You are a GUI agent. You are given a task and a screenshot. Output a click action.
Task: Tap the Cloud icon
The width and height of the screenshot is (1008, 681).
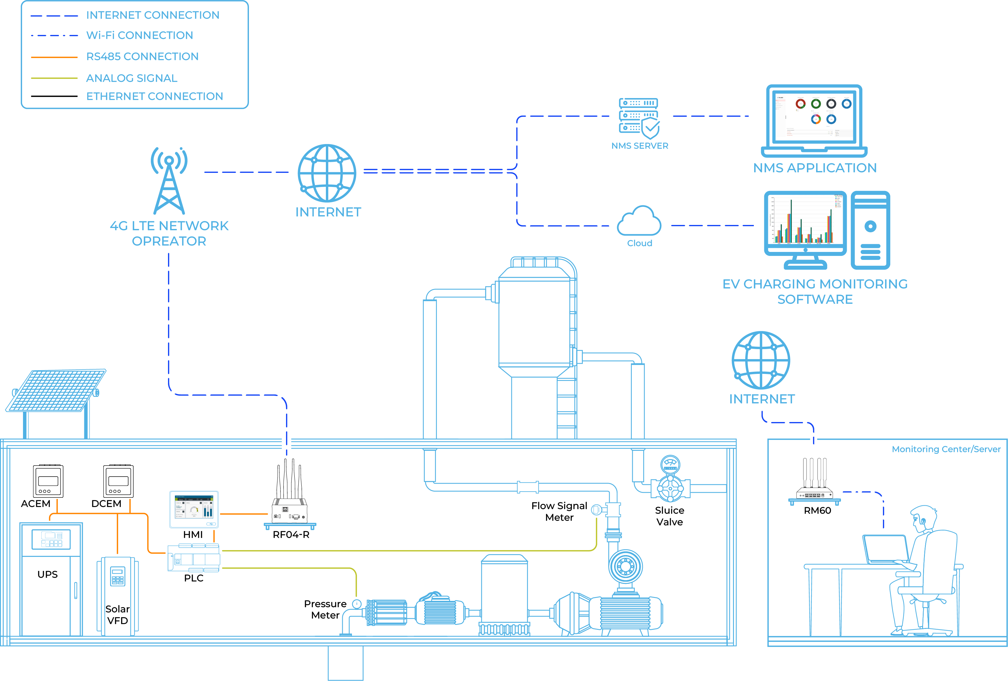click(639, 222)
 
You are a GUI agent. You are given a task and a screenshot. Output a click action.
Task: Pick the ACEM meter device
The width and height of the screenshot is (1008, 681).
click(48, 481)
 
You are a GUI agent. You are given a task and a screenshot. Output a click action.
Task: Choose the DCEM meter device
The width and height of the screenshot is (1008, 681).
click(118, 481)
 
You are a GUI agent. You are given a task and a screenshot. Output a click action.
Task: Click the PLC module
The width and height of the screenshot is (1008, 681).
click(193, 558)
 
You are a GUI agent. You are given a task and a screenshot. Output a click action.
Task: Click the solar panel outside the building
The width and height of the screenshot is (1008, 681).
click(56, 390)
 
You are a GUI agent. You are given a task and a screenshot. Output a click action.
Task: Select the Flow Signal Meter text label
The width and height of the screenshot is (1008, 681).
click(559, 512)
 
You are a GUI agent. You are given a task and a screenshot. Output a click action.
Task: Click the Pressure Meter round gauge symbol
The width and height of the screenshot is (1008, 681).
click(357, 604)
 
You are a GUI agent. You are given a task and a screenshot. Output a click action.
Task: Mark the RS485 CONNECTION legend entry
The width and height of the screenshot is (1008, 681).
click(142, 57)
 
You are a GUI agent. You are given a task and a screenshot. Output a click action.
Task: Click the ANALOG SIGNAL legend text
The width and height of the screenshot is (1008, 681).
click(132, 78)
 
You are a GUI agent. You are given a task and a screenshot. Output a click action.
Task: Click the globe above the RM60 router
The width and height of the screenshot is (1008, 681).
click(761, 360)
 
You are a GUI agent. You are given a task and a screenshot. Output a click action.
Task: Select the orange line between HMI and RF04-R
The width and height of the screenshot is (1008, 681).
click(244, 514)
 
